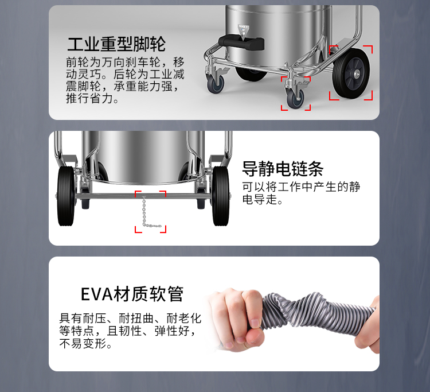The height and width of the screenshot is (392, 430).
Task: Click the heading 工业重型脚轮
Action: (x=116, y=44)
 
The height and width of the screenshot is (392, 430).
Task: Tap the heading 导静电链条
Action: (x=283, y=169)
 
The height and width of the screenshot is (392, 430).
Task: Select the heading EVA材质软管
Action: (x=132, y=294)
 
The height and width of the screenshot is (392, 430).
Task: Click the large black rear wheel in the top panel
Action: (x=351, y=73)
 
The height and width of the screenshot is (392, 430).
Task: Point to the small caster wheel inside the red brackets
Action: (x=295, y=98)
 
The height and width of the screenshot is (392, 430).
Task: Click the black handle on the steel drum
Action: (x=241, y=42)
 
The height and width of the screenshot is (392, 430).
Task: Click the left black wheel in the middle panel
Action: (x=66, y=196)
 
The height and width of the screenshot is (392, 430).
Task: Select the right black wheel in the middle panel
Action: (x=221, y=196)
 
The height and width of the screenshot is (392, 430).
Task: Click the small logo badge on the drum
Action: (x=243, y=31)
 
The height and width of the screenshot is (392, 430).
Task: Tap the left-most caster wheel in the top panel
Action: (x=216, y=84)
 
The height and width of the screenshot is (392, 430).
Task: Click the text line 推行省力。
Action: (x=92, y=99)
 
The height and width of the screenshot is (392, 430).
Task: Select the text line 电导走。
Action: (x=262, y=199)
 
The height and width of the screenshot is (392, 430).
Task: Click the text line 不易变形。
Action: (x=86, y=343)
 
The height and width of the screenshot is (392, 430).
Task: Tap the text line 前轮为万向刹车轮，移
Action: (x=125, y=63)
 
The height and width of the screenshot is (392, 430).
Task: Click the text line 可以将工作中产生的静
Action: (x=301, y=187)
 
